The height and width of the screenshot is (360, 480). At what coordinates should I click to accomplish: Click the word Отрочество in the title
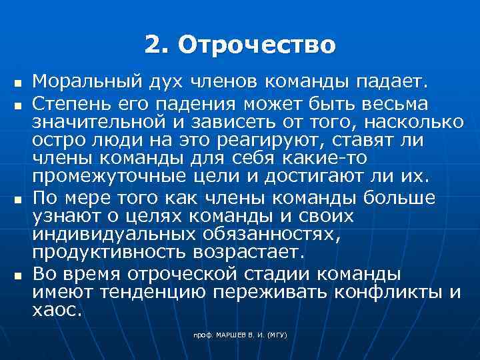coord(258,46)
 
